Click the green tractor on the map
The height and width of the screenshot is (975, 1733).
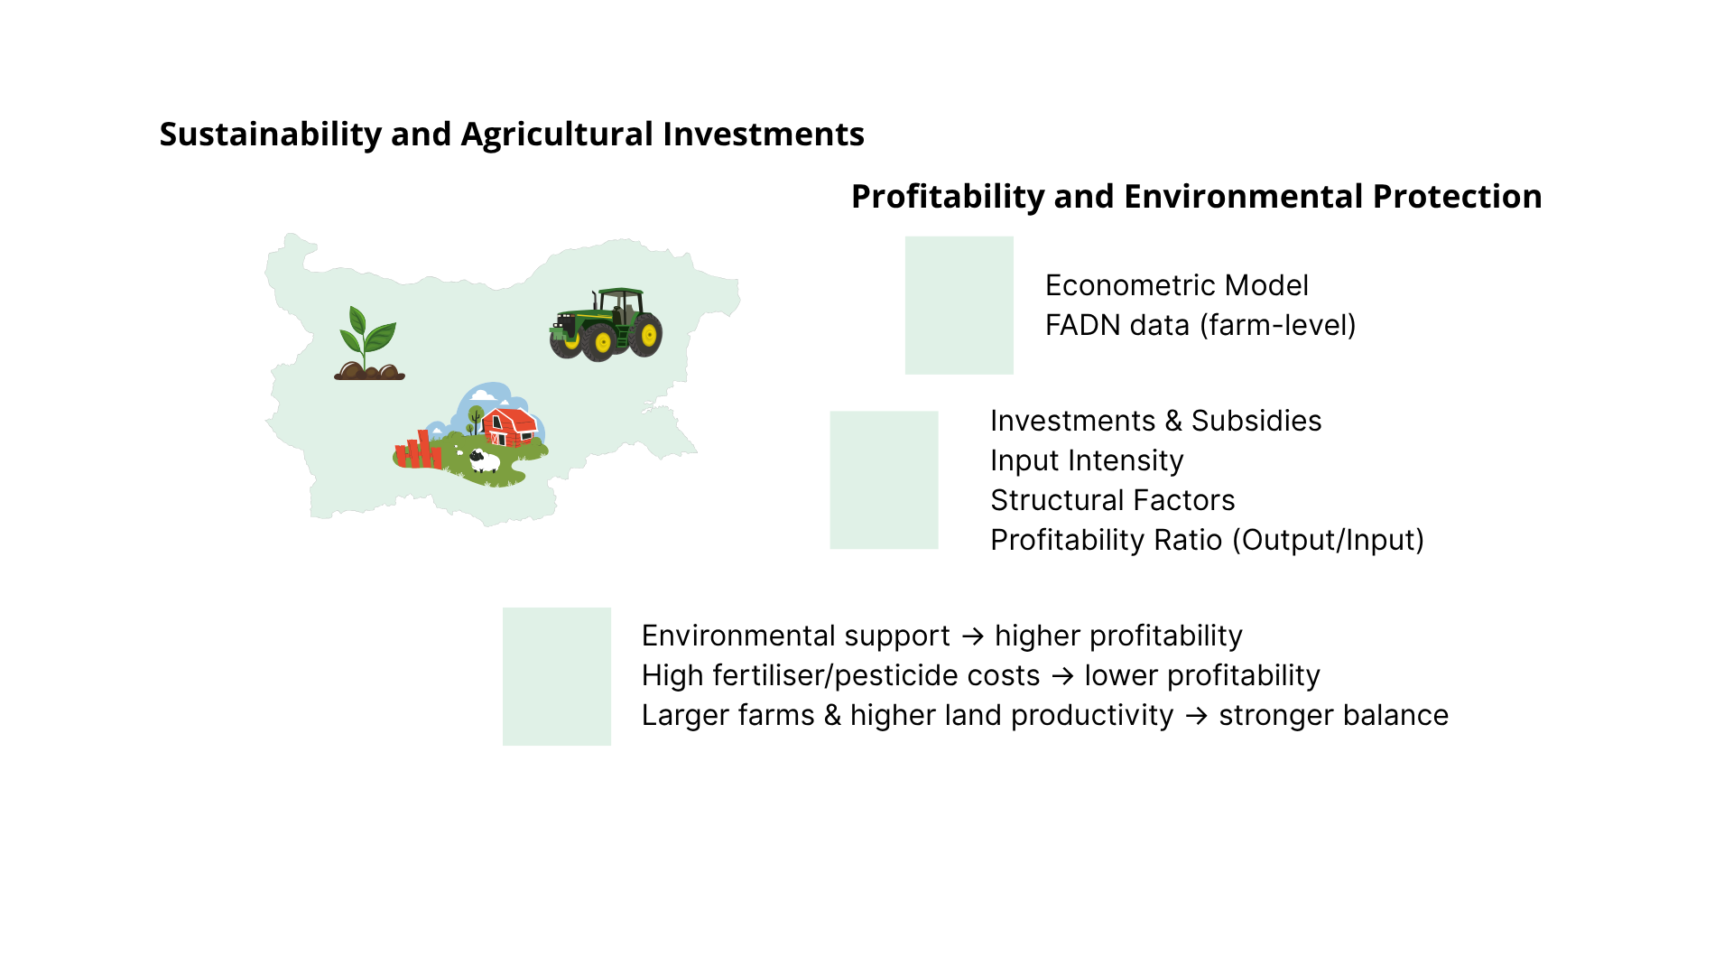[x=606, y=324]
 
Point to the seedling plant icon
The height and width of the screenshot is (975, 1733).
[x=369, y=343]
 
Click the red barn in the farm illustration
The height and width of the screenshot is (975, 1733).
[x=510, y=426]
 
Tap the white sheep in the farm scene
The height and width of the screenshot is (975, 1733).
[x=484, y=461]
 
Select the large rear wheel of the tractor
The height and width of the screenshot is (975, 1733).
[x=647, y=335]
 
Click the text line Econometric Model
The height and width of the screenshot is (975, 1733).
[x=1176, y=285]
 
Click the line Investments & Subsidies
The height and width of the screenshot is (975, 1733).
[x=1155, y=421]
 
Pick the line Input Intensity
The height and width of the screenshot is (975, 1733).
[x=1087, y=460]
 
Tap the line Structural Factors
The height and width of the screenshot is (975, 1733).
[x=1112, y=500]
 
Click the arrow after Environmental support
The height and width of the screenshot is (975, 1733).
[x=972, y=636]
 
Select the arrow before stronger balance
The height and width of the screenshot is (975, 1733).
[x=1196, y=716]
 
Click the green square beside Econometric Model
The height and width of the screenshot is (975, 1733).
[x=959, y=305]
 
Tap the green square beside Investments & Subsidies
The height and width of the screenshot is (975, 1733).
[x=884, y=480]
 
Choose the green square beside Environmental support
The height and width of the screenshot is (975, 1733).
[x=556, y=676]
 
